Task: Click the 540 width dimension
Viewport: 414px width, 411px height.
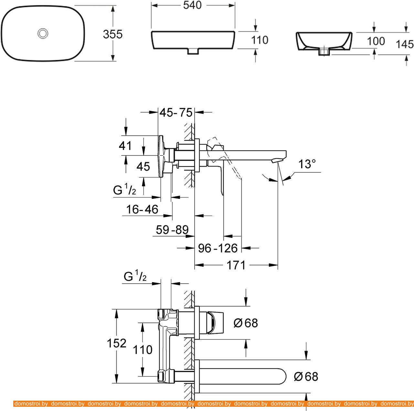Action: tap(192, 5)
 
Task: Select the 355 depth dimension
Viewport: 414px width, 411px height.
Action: tap(112, 34)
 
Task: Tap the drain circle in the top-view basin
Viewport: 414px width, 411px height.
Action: tap(43, 33)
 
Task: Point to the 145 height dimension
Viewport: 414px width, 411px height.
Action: tap(405, 44)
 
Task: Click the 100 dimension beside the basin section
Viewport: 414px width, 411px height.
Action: tap(376, 41)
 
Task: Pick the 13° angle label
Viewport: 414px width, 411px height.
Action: tap(307, 164)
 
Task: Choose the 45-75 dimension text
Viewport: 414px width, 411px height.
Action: tap(176, 113)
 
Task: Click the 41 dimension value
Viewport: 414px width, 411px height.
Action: tap(125, 146)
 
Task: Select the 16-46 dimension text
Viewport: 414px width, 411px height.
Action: tap(142, 209)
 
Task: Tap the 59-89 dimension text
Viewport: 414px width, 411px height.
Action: tap(172, 230)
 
